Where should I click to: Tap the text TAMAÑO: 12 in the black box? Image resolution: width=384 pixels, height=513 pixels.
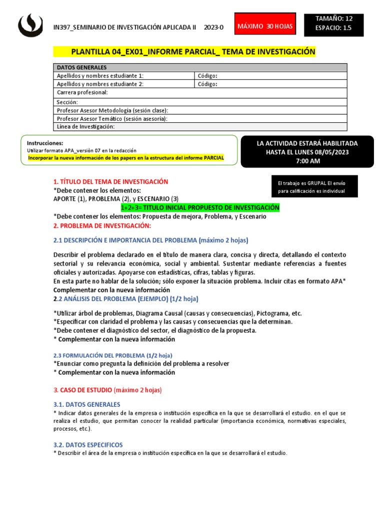pos(334,19)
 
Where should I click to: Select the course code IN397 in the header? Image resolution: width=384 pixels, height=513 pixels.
pos(62,27)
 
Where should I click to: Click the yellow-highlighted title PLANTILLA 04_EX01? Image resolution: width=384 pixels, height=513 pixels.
pos(193,52)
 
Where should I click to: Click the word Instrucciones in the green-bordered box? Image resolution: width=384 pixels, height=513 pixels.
pos(45,143)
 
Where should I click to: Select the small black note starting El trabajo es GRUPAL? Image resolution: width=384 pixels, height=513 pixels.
pos(311,187)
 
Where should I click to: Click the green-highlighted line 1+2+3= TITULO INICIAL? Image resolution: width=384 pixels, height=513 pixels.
pos(200,207)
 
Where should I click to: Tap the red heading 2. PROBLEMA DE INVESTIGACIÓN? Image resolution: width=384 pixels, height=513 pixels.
pos(101,225)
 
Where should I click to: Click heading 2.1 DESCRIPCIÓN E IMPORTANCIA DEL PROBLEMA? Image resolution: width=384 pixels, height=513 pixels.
pos(150,240)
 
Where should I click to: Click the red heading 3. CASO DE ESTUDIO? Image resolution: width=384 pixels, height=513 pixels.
pos(107,389)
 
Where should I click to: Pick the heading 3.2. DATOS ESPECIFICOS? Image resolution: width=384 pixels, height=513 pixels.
pos(88,444)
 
